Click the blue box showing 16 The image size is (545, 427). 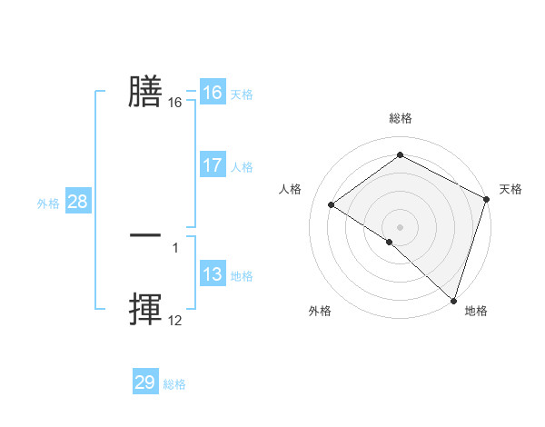click(x=212, y=93)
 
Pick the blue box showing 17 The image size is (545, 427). click(x=212, y=165)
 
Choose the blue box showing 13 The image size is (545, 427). click(x=212, y=274)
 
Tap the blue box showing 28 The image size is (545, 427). click(x=77, y=202)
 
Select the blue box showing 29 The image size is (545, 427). click(x=145, y=382)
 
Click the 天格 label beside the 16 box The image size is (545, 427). click(x=242, y=94)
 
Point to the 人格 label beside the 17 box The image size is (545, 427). click(x=242, y=167)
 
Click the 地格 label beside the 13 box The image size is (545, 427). click(x=242, y=276)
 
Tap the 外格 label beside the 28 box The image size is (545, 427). click(x=48, y=204)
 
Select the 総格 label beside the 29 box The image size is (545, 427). click(x=174, y=384)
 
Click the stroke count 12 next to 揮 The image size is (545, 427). click(x=174, y=321)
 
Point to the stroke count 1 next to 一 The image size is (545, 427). click(x=174, y=247)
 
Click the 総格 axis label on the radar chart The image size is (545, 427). click(x=400, y=118)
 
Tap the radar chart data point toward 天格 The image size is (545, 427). click(x=487, y=199)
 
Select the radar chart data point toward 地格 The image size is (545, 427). click(x=453, y=300)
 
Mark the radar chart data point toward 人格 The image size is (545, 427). click(x=332, y=204)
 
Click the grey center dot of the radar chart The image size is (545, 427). click(x=400, y=226)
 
